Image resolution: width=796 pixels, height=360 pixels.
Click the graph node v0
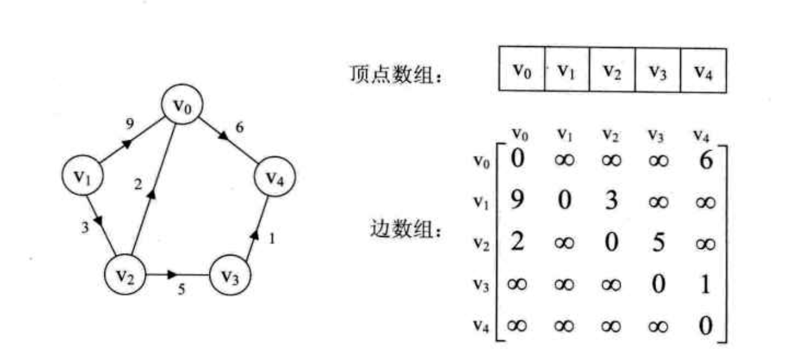181,106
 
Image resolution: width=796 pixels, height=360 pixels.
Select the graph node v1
83,176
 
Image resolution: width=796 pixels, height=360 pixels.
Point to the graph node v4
276,178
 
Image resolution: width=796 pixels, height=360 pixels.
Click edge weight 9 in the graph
130,124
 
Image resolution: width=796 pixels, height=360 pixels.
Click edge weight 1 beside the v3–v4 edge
271,239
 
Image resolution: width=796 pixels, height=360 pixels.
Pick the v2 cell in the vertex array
612,70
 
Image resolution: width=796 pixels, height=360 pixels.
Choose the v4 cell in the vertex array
703,70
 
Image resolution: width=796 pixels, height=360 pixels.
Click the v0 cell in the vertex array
522,70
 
